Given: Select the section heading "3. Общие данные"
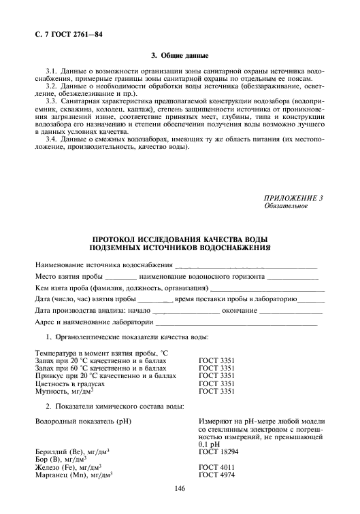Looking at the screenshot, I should [x=180, y=55].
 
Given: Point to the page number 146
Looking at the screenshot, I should [x=180, y=489].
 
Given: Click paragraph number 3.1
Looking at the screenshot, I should [x=51, y=71].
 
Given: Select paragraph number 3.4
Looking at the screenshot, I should [x=51, y=139].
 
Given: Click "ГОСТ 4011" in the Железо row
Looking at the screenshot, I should [x=214, y=467].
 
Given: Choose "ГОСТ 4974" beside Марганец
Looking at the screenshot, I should [x=214, y=475].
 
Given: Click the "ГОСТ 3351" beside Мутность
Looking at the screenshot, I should [x=214, y=392].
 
